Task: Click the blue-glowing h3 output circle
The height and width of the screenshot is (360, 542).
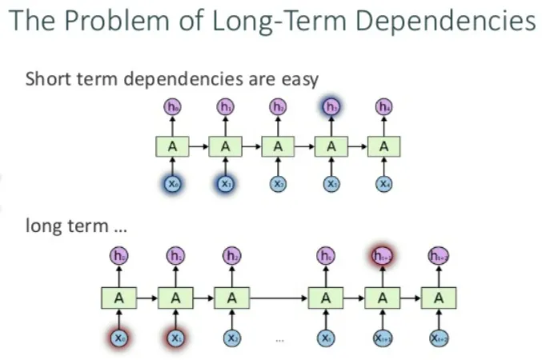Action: pyautogui.click(x=331, y=106)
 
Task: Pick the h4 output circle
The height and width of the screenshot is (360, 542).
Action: pyautogui.click(x=384, y=106)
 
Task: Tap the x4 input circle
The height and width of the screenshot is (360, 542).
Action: pyautogui.click(x=384, y=184)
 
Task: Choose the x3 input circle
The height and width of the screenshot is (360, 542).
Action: pyautogui.click(x=331, y=184)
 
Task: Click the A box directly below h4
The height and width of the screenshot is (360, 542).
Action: pyautogui.click(x=384, y=146)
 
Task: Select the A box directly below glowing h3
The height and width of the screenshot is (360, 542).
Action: pyautogui.click(x=331, y=146)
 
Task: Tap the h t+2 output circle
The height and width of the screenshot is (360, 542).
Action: pyautogui.click(x=438, y=257)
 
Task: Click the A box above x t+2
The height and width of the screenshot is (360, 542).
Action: pyautogui.click(x=438, y=298)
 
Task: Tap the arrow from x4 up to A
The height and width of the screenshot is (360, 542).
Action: pyautogui.click(x=384, y=166)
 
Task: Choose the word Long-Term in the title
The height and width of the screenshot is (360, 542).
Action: pyautogui.click(x=268, y=21)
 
